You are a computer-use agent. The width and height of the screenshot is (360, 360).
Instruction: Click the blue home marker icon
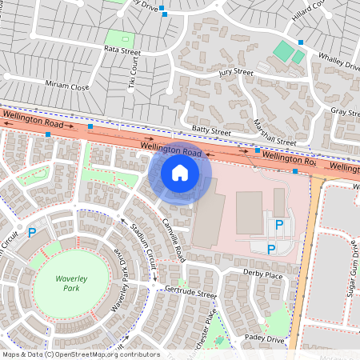(x=180, y=172)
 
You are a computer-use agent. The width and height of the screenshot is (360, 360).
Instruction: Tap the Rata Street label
(x=122, y=50)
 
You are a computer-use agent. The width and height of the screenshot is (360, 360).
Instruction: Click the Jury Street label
(x=235, y=73)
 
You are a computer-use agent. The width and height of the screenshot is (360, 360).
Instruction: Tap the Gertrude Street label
(x=190, y=294)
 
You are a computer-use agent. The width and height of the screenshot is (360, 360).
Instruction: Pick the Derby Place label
(x=263, y=275)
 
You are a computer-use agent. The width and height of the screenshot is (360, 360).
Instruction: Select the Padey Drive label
(x=266, y=338)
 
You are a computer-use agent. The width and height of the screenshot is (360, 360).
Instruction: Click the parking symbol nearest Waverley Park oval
(x=32, y=233)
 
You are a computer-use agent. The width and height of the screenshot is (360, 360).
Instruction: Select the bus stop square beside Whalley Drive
(x=301, y=42)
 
